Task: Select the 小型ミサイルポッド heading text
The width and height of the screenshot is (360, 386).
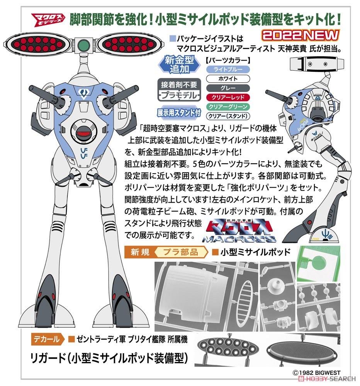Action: [x=255, y=253]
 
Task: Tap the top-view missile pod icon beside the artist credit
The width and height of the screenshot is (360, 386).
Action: [x=314, y=62]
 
